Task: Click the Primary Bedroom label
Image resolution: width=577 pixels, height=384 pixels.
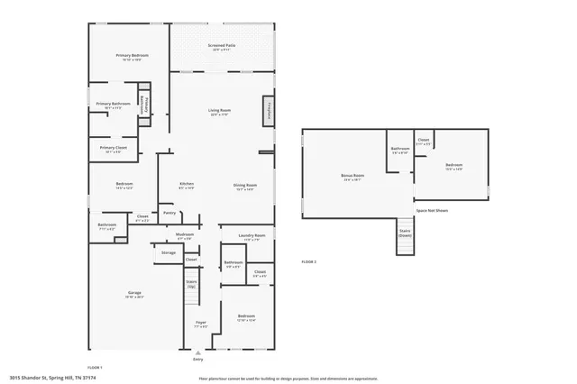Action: coord(132,56)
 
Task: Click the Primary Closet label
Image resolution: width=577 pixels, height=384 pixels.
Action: coord(114,148)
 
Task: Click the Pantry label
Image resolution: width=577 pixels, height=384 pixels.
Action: coord(169,214)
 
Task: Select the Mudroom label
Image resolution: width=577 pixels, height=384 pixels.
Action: coord(184,235)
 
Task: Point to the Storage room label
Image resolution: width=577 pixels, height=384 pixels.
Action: coord(169,252)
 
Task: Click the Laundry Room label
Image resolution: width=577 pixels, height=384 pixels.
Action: coord(252,235)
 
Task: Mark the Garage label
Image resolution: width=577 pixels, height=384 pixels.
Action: coord(134,293)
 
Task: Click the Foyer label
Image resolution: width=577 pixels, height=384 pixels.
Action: coord(200,322)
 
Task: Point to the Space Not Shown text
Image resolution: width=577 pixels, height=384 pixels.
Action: coord(432,210)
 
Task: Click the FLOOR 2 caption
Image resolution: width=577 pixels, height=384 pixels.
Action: coord(308,261)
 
